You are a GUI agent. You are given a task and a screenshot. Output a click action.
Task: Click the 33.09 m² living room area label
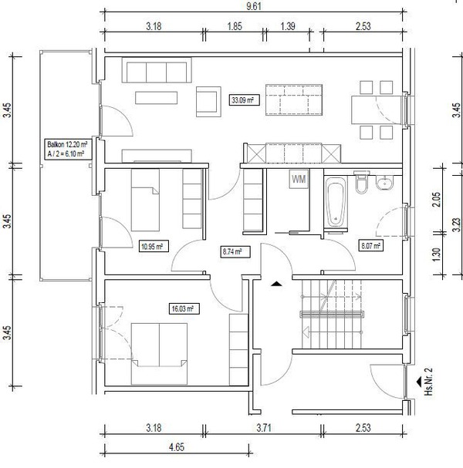pyautogui.click(x=245, y=100)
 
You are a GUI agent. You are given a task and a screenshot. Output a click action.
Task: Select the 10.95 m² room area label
pyautogui.click(x=154, y=247)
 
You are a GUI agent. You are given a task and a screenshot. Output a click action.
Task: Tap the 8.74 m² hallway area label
pyautogui.click(x=235, y=251)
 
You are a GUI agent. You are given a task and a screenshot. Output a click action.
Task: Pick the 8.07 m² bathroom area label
pyautogui.click(x=370, y=246)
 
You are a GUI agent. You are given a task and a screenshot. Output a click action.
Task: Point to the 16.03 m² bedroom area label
pyautogui.click(x=184, y=308)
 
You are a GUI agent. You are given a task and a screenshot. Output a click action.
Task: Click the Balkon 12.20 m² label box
pyautogui.click(x=67, y=149)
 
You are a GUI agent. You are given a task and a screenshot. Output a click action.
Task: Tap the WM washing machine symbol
pyautogui.click(x=299, y=179)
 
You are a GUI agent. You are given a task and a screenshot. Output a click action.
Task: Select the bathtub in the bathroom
pyautogui.click(x=336, y=201)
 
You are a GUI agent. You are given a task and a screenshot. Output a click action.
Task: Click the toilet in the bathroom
pyautogui.click(x=361, y=182)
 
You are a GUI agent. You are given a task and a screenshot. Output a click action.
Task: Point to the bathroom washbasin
pyautogui.click(x=385, y=183)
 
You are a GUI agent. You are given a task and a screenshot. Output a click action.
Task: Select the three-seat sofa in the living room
pyautogui.click(x=157, y=70)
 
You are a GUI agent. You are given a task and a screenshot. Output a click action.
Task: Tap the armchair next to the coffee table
pyautogui.click(x=208, y=102)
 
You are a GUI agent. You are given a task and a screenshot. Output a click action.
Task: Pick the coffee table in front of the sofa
pyautogui.click(x=156, y=98)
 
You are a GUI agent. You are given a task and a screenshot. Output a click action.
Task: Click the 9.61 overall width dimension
pyautogui.click(x=254, y=6)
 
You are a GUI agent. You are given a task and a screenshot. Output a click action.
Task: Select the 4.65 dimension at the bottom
pyautogui.click(x=176, y=447)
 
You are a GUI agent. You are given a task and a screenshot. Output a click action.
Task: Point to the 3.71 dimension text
pyautogui.click(x=264, y=428)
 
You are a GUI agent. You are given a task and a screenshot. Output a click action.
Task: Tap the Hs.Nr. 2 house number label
pyautogui.click(x=428, y=382)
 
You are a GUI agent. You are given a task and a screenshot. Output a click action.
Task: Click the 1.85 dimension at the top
pyautogui.click(x=235, y=26)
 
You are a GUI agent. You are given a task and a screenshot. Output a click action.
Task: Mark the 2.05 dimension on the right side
pyautogui.click(x=437, y=200)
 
